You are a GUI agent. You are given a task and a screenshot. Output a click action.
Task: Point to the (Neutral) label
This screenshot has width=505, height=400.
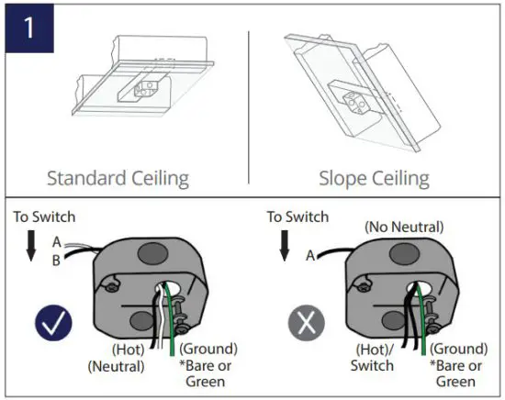pyautogui.click(x=116, y=366)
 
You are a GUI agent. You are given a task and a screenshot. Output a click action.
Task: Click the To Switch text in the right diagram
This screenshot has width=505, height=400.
pyautogui.click(x=298, y=217)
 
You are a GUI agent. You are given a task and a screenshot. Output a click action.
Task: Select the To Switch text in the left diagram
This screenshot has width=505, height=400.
pyautogui.click(x=44, y=217)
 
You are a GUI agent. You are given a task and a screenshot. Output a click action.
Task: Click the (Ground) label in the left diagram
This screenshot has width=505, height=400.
pyautogui.click(x=208, y=350)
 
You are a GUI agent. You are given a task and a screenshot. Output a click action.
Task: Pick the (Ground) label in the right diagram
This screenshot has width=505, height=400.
pyautogui.click(x=459, y=350)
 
